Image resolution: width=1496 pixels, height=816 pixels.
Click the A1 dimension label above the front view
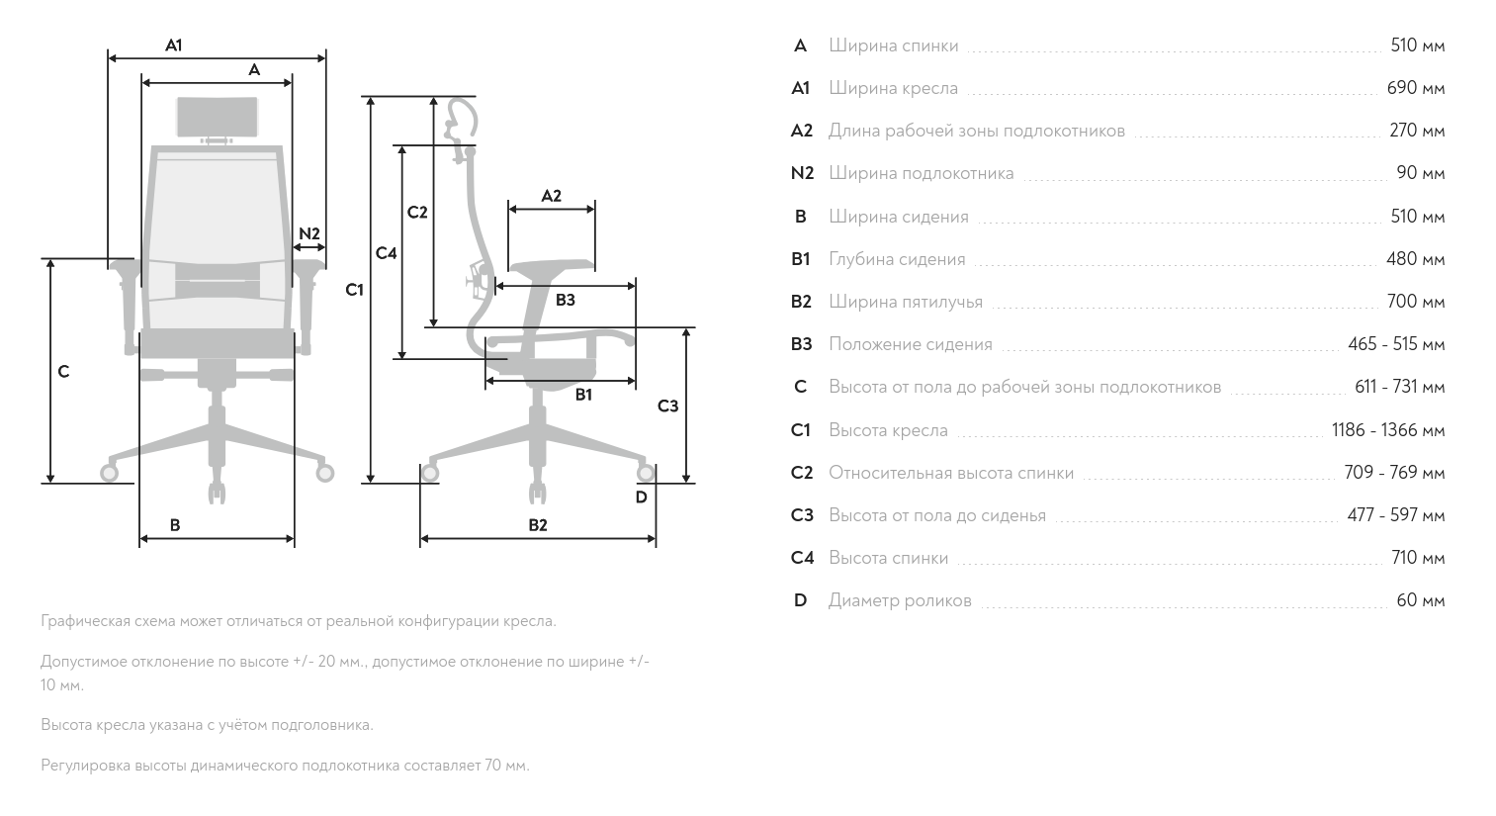tap(174, 45)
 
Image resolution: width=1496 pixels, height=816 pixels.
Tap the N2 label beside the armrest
tap(309, 233)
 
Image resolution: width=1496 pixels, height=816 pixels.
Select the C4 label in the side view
tap(386, 253)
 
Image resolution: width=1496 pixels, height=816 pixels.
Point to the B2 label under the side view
tap(537, 525)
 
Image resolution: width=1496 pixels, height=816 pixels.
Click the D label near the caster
tap(641, 498)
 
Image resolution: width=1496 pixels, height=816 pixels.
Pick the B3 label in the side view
tap(565, 300)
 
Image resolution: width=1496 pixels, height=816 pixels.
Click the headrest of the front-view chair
tap(218, 118)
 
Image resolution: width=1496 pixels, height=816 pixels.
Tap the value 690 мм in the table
tap(1415, 88)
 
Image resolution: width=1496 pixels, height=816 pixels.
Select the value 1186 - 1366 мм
tap(1387, 430)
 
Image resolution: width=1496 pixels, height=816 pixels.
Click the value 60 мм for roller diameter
tap(1420, 600)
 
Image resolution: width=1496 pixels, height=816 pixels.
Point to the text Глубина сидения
tap(896, 259)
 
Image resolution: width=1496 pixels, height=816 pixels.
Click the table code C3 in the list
tap(801, 515)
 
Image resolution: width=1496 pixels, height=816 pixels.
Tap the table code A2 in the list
tap(801, 131)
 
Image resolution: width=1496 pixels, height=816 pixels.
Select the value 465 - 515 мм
tap(1395, 344)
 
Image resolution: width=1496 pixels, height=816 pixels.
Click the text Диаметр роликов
tap(899, 600)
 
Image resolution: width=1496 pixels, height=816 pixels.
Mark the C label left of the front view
tap(63, 372)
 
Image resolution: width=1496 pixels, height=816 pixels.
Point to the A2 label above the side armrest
tap(551, 196)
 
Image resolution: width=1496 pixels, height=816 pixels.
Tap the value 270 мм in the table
tap(1416, 131)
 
